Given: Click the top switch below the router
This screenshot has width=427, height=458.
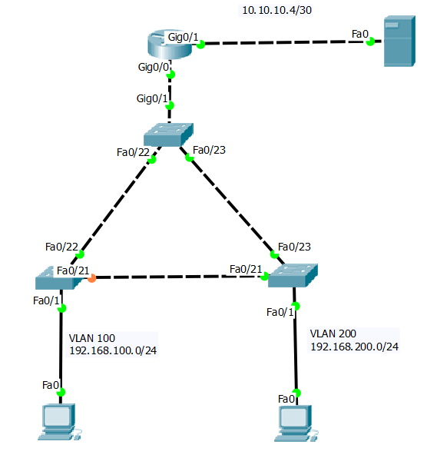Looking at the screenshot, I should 168,134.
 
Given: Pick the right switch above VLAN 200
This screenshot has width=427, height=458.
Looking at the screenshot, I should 293,277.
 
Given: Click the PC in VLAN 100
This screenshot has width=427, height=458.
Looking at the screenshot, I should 59,423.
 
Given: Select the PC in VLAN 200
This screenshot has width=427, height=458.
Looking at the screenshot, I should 296,423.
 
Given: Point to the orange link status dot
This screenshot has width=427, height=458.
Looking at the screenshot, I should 91,278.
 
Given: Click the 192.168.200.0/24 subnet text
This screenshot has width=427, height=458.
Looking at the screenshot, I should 354,347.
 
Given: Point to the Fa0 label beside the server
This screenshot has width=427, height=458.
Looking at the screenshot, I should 359,34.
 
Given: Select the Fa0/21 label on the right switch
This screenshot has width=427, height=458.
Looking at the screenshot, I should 247,268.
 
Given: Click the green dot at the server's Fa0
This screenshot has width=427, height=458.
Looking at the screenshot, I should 371,42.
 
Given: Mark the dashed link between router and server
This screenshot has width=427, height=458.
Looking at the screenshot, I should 284,44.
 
